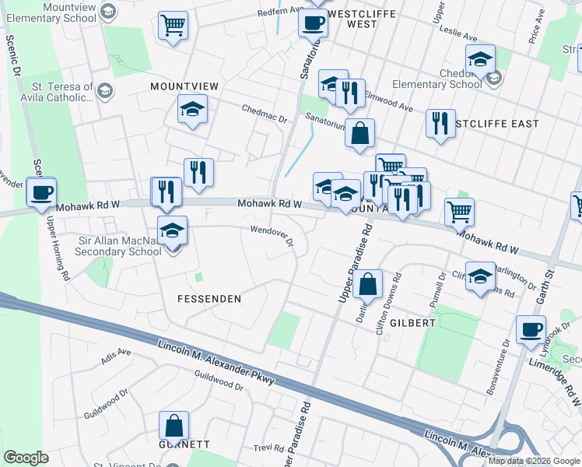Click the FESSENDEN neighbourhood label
pos(209,299)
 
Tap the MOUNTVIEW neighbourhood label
pos(184,85)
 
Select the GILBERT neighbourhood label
pos(412,322)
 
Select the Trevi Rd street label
pos(271,449)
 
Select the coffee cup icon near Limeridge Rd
pos(530,329)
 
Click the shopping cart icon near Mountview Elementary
pos(173,25)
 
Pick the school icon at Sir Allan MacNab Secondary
pos(172,230)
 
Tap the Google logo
pos(26,457)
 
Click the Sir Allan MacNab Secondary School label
pos(119,246)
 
